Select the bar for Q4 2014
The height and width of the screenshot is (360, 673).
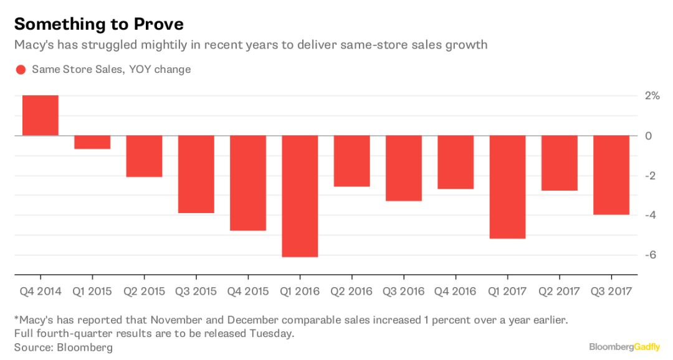coord(41,115)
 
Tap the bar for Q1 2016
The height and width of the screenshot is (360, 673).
coord(300,196)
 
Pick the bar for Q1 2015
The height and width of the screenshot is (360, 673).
coord(92,142)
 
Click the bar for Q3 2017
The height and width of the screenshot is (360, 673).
coord(611,175)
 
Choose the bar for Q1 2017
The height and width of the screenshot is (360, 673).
coord(507,187)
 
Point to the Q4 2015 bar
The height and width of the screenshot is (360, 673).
coord(248,183)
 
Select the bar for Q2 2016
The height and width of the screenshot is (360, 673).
coord(351,161)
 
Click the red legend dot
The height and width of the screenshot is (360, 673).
coord(20,70)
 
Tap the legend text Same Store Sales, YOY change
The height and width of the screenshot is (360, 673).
coord(112,70)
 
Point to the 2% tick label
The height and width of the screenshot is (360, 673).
coord(652,96)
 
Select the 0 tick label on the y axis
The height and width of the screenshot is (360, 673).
coord(649,136)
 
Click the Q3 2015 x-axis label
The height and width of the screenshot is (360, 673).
coord(196,291)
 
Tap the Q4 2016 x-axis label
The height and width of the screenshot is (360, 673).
coord(456,291)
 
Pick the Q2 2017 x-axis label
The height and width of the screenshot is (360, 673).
coord(559,291)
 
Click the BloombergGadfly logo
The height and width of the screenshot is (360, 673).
coord(625,346)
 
